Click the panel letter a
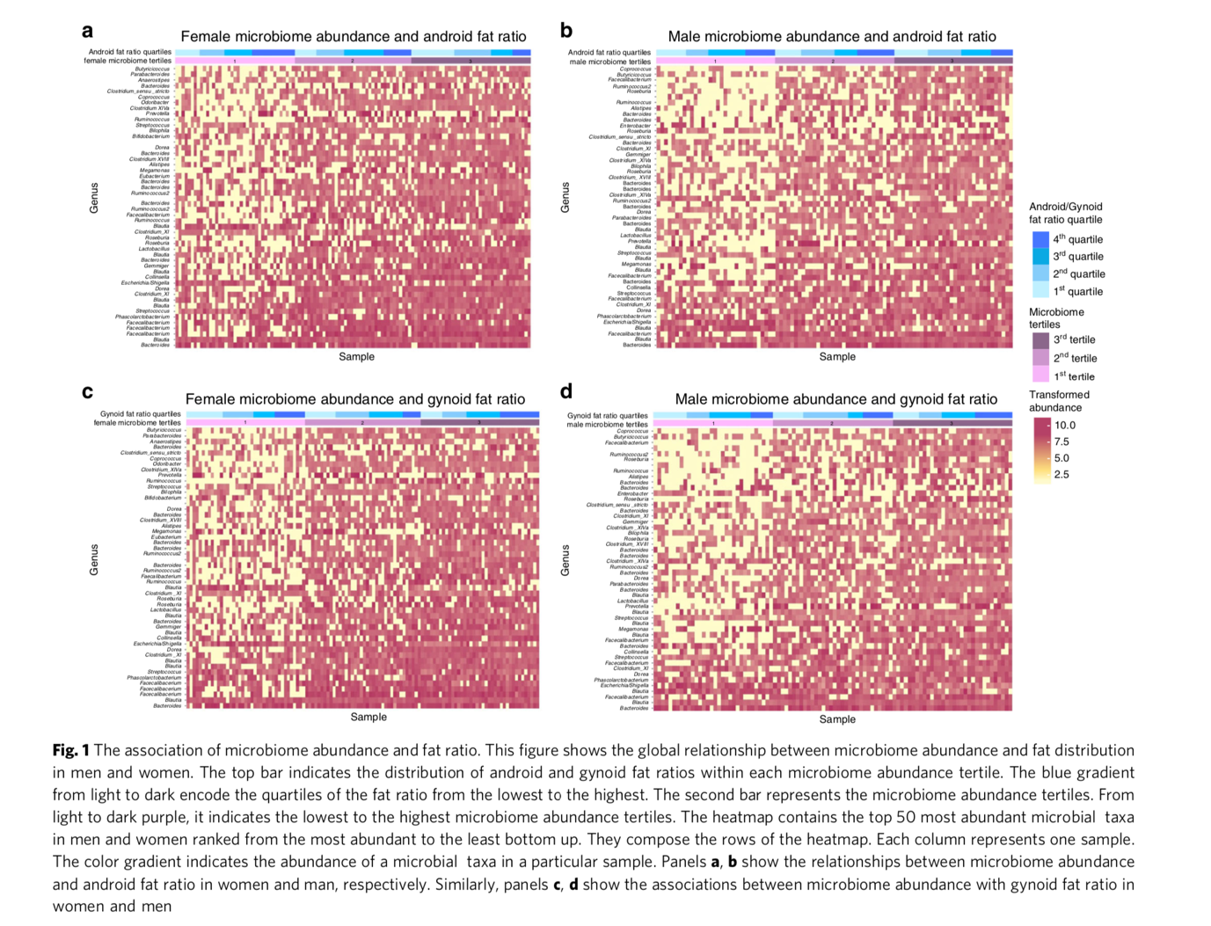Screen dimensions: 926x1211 (87, 32)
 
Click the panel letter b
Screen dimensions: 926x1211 (566, 32)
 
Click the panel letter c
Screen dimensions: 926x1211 (87, 392)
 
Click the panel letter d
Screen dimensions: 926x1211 (565, 391)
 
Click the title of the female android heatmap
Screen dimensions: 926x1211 (354, 37)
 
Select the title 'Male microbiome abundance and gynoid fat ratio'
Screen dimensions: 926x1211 (835, 399)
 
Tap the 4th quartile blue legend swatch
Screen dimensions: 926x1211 (1040, 239)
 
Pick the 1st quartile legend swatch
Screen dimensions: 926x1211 (1040, 291)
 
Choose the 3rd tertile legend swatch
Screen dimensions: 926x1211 (1040, 339)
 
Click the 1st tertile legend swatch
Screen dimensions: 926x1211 (1040, 376)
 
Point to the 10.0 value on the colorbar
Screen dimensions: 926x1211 (1064, 425)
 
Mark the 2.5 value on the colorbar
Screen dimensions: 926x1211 (1061, 475)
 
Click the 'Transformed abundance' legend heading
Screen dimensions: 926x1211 (1059, 401)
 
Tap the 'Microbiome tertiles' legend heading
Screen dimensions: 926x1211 (1056, 318)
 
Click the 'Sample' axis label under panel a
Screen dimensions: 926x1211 (356, 357)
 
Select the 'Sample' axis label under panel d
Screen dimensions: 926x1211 (836, 719)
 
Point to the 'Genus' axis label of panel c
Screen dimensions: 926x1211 (94, 560)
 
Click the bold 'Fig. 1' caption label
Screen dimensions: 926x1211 (70, 750)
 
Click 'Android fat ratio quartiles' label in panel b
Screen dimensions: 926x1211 (609, 53)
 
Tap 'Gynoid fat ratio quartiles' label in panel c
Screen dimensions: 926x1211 (141, 414)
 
